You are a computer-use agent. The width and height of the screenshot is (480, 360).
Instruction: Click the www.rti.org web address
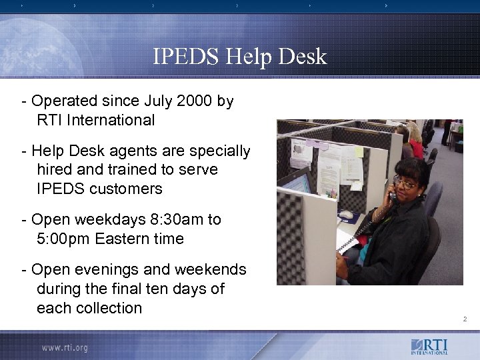tap(64, 347)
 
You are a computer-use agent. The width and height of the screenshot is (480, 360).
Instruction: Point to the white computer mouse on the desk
tap(347, 215)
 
